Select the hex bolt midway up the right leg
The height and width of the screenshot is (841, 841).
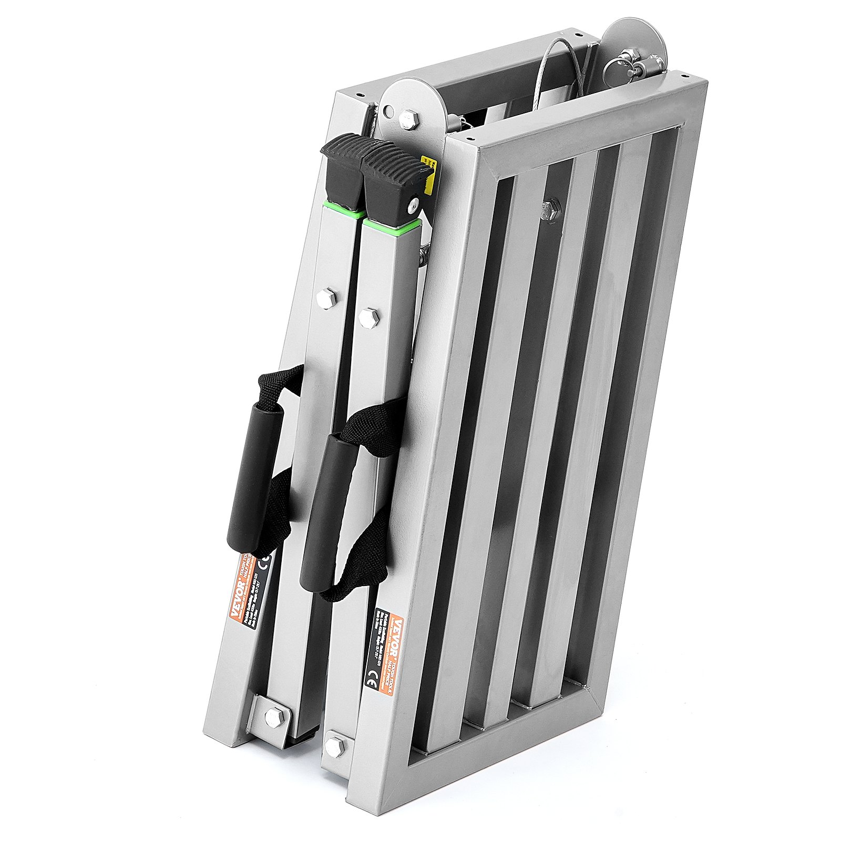(368, 316)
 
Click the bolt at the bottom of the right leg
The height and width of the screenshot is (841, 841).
(333, 745)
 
